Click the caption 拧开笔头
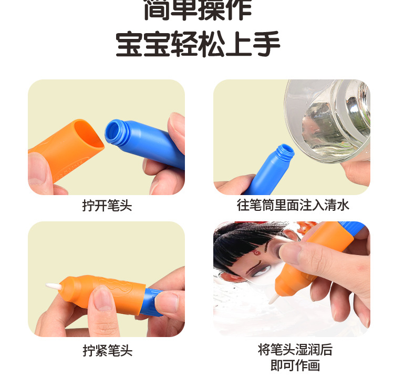pyautogui.click(x=107, y=205)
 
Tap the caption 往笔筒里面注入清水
pyautogui.click(x=293, y=205)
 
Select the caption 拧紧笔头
pyautogui.click(x=107, y=351)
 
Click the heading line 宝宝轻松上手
pyautogui.click(x=198, y=44)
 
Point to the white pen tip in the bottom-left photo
pyautogui.click(x=54, y=287)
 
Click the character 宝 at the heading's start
pyautogui.click(x=129, y=44)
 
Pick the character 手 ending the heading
pyautogui.click(x=266, y=44)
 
